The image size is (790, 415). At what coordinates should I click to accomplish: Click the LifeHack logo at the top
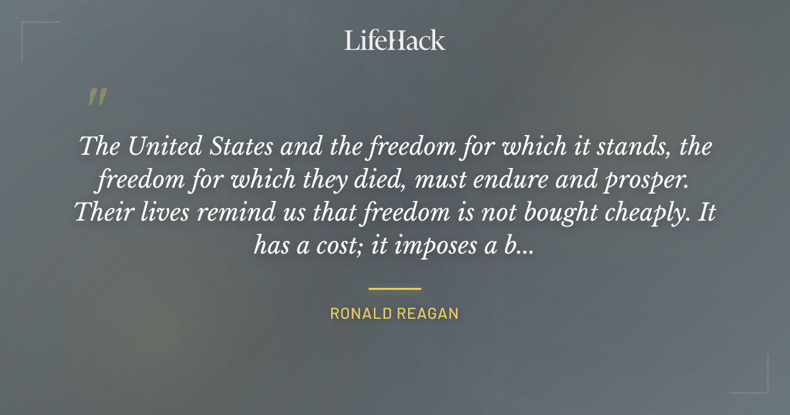[395, 40]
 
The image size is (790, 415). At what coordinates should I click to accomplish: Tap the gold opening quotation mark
[97, 97]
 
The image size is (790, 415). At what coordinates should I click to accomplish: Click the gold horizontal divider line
[395, 289]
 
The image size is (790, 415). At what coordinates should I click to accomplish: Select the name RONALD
[359, 314]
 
